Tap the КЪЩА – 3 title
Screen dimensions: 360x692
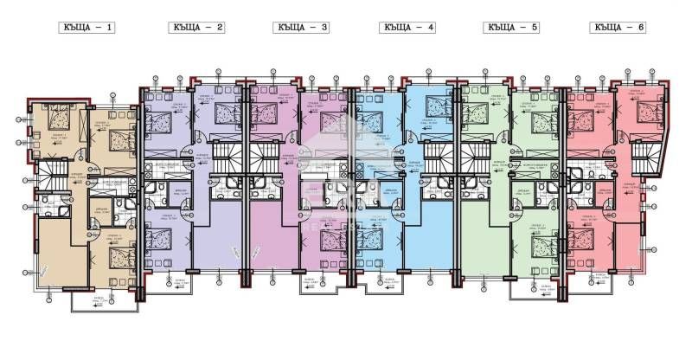tap(301, 28)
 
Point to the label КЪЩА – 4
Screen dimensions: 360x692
tap(407, 28)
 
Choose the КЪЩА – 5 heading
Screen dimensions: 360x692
tap(513, 28)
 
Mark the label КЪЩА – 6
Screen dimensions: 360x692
tap(619, 28)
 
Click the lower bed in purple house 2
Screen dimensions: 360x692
tap(158, 235)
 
